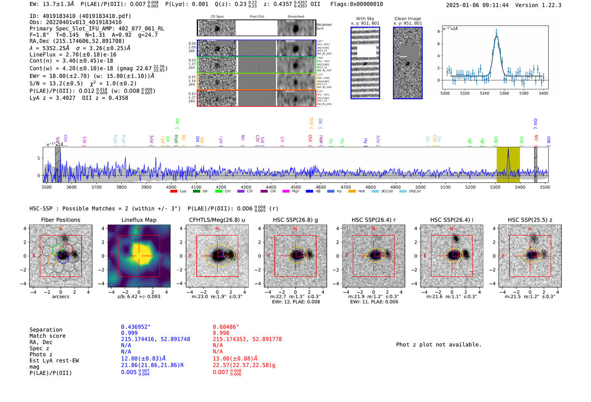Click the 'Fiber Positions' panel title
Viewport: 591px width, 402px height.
[x=60, y=220]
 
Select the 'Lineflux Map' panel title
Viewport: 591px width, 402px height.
[x=138, y=220]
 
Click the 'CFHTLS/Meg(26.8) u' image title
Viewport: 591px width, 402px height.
[x=217, y=220]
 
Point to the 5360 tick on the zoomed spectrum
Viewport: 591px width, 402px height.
[x=504, y=93]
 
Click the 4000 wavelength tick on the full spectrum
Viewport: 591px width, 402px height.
[x=171, y=187]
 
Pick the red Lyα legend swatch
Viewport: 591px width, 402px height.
[x=174, y=192]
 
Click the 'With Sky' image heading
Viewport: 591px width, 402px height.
[x=365, y=19]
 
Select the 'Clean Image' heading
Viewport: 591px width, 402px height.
[x=407, y=19]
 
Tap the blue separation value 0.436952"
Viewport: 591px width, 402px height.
[x=136, y=327]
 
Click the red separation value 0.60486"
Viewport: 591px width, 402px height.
[x=225, y=327]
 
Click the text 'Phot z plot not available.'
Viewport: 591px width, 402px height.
[x=439, y=345]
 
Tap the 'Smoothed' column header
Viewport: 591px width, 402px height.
[x=295, y=17]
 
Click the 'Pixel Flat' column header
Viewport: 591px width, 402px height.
[x=257, y=17]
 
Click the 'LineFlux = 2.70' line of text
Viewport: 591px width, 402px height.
[x=73, y=54]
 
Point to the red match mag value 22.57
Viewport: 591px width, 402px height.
[x=244, y=365]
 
